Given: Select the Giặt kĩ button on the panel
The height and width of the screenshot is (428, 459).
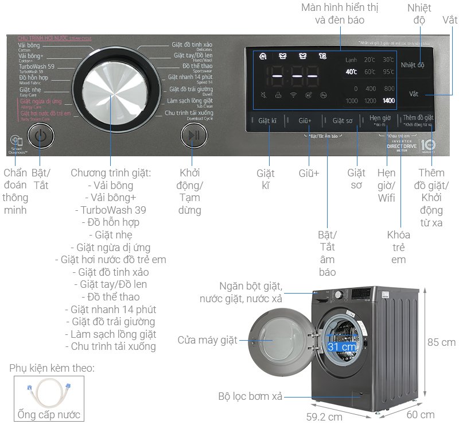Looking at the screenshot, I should pos(267,121).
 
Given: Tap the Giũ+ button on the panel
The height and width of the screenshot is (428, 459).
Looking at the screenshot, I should pos(305,121).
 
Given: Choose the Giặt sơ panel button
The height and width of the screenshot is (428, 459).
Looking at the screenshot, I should pos(342,121).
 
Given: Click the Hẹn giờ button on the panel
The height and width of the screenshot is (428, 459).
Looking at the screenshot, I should pos(380,118).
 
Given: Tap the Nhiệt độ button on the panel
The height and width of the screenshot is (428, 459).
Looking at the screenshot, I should pos(413,65).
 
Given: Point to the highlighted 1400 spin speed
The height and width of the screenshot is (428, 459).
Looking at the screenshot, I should pos(388,101).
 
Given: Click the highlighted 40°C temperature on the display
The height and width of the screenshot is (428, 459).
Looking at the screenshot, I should pos(351,72).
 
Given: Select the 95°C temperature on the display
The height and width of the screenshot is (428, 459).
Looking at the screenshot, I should pos(388,72).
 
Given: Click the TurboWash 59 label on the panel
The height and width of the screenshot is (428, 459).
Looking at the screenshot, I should pos(36,67).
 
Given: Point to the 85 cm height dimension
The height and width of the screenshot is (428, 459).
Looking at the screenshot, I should pos(441,342).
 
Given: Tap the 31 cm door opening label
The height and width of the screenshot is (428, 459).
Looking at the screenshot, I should pos(341,347).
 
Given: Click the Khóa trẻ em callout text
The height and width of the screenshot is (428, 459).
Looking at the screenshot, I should pos(399,247).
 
